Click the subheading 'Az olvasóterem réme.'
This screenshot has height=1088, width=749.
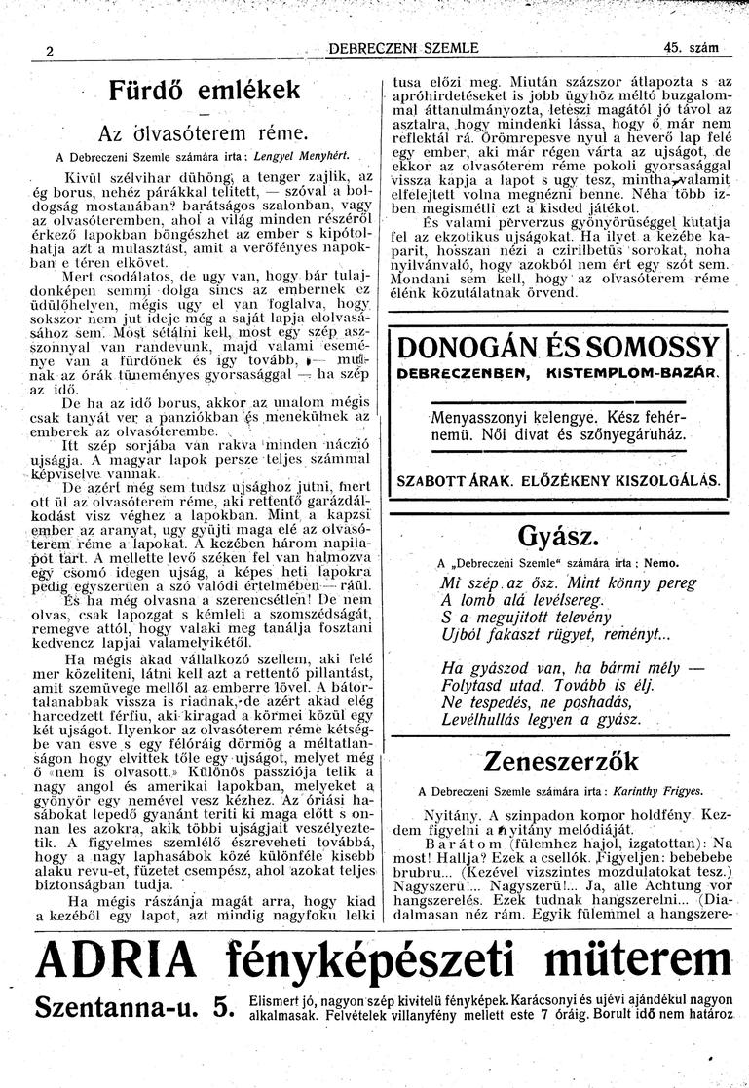pyautogui.click(x=203, y=133)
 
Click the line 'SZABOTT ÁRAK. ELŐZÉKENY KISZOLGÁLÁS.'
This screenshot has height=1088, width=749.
pyautogui.click(x=559, y=480)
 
